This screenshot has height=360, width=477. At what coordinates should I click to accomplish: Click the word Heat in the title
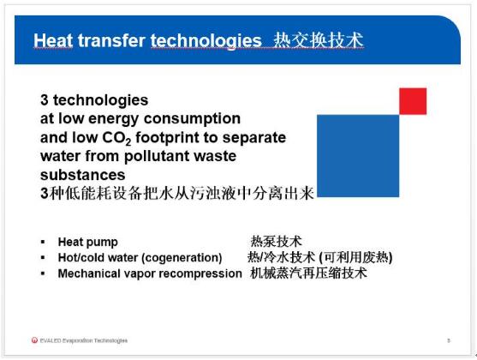pos(53,40)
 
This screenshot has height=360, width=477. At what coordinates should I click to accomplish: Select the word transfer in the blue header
pos(111,40)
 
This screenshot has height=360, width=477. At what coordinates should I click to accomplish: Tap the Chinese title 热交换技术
pos(319,40)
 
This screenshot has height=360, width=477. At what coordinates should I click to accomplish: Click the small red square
pos(413,101)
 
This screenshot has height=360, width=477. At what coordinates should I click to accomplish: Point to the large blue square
pos(358,156)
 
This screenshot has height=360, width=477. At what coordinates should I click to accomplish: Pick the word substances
pos(83,175)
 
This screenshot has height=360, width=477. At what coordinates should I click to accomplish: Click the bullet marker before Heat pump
pos(43,242)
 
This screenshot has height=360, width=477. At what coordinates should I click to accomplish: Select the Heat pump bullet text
pos(87,243)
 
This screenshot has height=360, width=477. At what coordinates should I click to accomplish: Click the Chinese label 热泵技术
pos(276,242)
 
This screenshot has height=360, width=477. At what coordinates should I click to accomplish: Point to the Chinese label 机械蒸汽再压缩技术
pos(308,273)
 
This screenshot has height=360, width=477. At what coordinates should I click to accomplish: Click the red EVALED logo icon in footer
pos(34,340)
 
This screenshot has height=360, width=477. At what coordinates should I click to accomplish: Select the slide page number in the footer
pos(449,340)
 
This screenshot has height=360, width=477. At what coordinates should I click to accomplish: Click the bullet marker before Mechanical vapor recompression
pos(43,273)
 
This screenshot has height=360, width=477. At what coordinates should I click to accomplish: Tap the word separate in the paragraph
pos(254,138)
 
